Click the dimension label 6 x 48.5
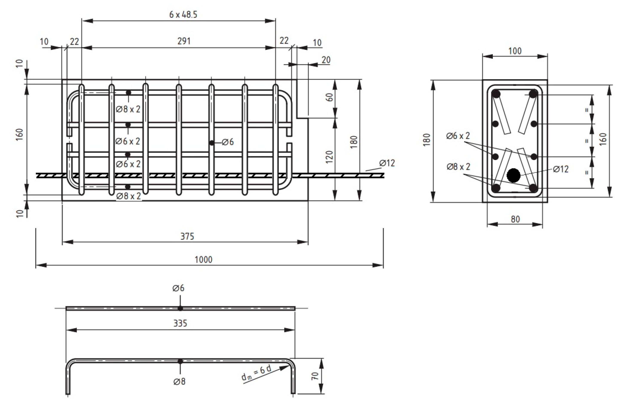click(183, 15)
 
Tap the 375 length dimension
click(187, 236)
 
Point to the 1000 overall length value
click(203, 260)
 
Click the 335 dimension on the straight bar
click(180, 323)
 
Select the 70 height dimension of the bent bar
click(315, 376)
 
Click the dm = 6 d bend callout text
click(256, 373)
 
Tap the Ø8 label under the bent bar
click(179, 381)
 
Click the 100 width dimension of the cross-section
click(515, 51)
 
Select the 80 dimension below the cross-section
click(515, 219)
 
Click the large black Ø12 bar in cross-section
click(513, 175)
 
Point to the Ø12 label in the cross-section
click(561, 169)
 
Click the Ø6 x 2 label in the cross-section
click(458, 136)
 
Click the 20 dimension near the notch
click(326, 60)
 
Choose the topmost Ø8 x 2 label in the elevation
click(128, 109)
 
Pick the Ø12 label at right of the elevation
click(387, 163)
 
